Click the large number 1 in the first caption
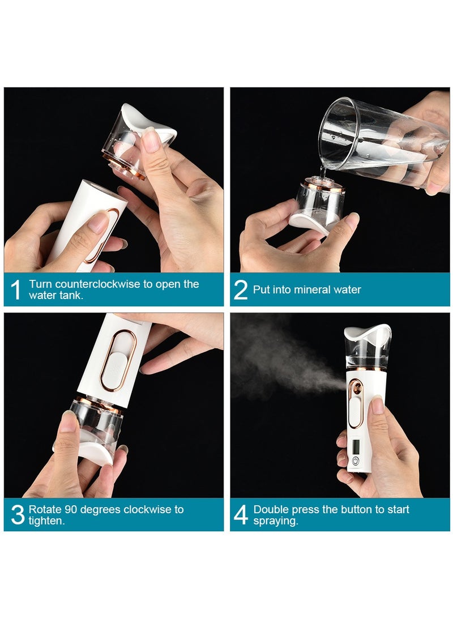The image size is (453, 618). point(15,289)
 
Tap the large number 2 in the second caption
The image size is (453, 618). point(241,289)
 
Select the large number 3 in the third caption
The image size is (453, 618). point(18,514)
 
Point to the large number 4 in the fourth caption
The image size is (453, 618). point(241,514)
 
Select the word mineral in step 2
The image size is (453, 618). point(302,289)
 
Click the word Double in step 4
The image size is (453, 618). point(271,509)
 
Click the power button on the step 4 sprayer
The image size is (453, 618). point(356,462)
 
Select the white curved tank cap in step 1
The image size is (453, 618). point(149,120)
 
